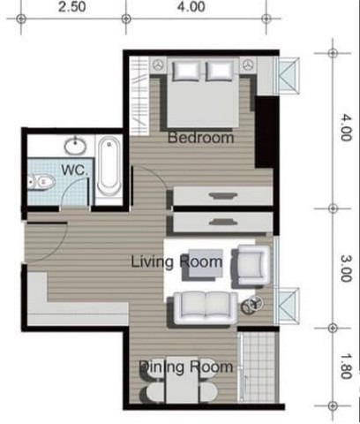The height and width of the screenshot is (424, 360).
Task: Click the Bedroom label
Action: point(201,138)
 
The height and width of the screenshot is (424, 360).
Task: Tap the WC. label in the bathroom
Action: point(74,170)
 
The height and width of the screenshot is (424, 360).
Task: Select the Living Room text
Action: point(176,261)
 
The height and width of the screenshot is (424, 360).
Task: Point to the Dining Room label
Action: point(185,367)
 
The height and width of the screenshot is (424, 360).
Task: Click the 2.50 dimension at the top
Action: point(72,7)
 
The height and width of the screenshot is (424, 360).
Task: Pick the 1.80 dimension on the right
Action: point(346,366)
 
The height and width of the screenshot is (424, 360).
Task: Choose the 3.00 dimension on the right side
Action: point(346,269)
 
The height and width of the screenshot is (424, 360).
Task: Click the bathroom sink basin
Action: point(76,146)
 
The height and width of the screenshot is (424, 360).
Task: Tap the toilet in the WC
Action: point(41,182)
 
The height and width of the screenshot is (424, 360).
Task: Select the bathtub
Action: point(109,167)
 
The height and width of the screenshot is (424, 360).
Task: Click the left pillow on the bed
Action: point(186,71)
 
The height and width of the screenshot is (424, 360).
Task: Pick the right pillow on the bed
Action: point(220,71)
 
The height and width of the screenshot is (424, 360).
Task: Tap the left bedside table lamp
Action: point(159,65)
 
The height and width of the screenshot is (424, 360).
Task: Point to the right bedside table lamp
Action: point(248,65)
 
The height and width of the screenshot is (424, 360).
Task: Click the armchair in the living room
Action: point(251,266)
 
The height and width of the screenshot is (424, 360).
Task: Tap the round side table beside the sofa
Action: point(252,305)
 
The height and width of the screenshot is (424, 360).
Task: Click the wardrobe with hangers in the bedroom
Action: point(139,95)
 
